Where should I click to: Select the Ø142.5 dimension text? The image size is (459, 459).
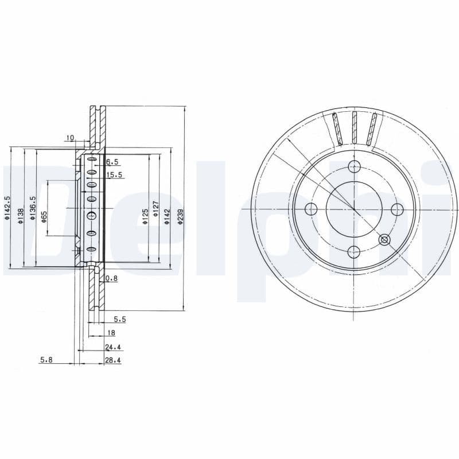click(7, 208)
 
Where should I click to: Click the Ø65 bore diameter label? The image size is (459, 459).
click(44, 216)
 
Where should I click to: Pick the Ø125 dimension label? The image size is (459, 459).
click(146, 216)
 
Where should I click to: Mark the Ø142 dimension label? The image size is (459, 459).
click(167, 216)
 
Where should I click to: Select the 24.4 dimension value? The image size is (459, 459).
click(112, 346)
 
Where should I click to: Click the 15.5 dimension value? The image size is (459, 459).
click(114, 175)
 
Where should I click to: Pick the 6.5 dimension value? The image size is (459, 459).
click(112, 162)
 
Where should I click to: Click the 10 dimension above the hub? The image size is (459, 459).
click(70, 137)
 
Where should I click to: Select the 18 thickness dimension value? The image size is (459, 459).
click(111, 332)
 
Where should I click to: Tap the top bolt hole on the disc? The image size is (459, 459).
click(354, 167)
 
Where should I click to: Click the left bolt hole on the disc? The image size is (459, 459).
click(311, 209)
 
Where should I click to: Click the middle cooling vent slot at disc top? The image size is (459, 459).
click(354, 127)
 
